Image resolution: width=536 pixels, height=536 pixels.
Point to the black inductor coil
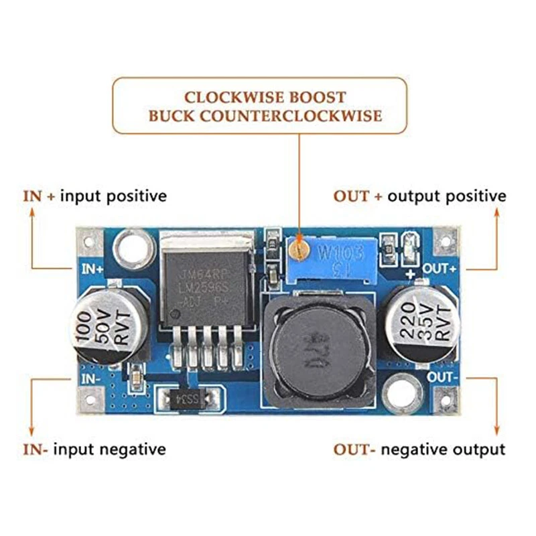pyautogui.click(x=318, y=351)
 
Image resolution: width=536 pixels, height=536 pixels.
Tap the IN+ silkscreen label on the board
pyautogui.click(x=92, y=269)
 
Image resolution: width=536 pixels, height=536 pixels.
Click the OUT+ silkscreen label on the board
pyautogui.click(x=439, y=269)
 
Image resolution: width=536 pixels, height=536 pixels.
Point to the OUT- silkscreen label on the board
pyautogui.click(x=443, y=377)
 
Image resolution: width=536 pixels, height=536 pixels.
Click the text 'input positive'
pyautogui.click(x=113, y=196)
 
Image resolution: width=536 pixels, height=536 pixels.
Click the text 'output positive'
pyautogui.click(x=447, y=196)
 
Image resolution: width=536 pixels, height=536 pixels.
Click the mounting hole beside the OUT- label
pyautogui.click(x=403, y=392)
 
